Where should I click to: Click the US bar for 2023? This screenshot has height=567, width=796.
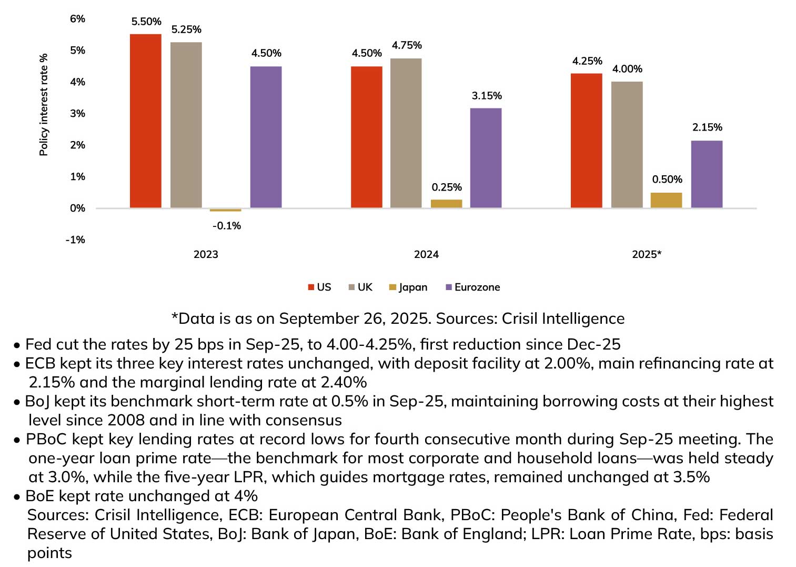145,121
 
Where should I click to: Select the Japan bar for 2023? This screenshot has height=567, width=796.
225,210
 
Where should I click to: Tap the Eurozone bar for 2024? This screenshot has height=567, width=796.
486,157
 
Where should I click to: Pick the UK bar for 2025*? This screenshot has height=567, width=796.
627,144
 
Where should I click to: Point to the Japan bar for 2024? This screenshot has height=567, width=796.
446,204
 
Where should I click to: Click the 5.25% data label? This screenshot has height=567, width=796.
186,29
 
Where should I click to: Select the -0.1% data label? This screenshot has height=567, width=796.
227,226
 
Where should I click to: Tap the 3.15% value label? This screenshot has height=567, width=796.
487,96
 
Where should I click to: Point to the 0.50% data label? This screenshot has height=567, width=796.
667,180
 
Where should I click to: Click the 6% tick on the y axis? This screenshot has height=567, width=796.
77,19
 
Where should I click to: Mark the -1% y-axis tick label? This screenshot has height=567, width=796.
75,240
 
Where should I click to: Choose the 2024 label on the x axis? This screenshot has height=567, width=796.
426,255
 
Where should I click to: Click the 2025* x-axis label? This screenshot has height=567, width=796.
647,255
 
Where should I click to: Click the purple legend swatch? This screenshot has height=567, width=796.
449,287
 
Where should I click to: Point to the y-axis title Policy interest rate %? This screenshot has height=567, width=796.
44,104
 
